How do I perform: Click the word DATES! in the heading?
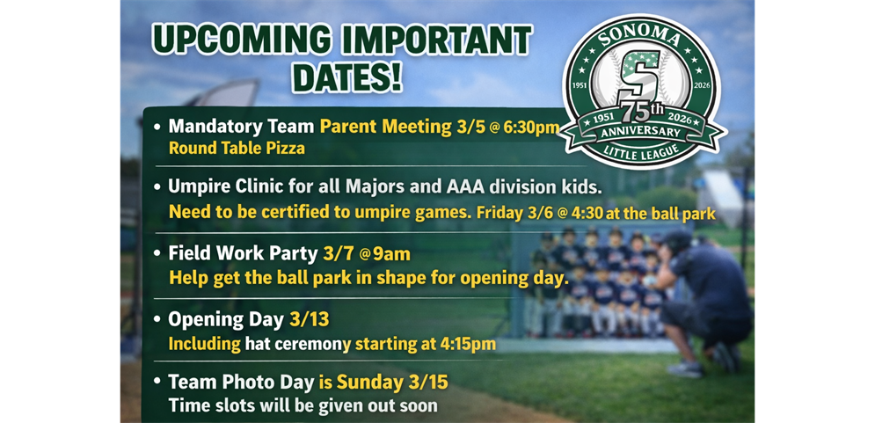pos(346,77)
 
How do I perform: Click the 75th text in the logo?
pos(651,115)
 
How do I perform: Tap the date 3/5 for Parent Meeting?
pos(470,128)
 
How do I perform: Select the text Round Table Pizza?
pos(237,149)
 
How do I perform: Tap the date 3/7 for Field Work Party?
pos(338,254)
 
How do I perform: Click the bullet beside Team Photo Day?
pos(157,383)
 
